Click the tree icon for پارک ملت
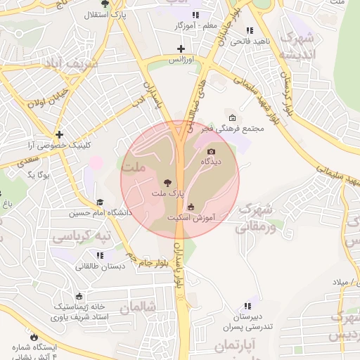pyautogui.click(x=166, y=181)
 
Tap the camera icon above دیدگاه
pyautogui.click(x=211, y=151)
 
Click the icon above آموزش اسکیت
pyautogui.click(x=191, y=207)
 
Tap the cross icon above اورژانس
pyautogui.click(x=181, y=49)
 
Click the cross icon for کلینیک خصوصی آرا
pyautogui.click(x=60, y=134)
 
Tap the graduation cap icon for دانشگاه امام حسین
pyautogui.click(x=99, y=202)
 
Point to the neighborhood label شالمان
pyautogui.click(x=136, y=307)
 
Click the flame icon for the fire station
pyautogui.click(x=32, y=336)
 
